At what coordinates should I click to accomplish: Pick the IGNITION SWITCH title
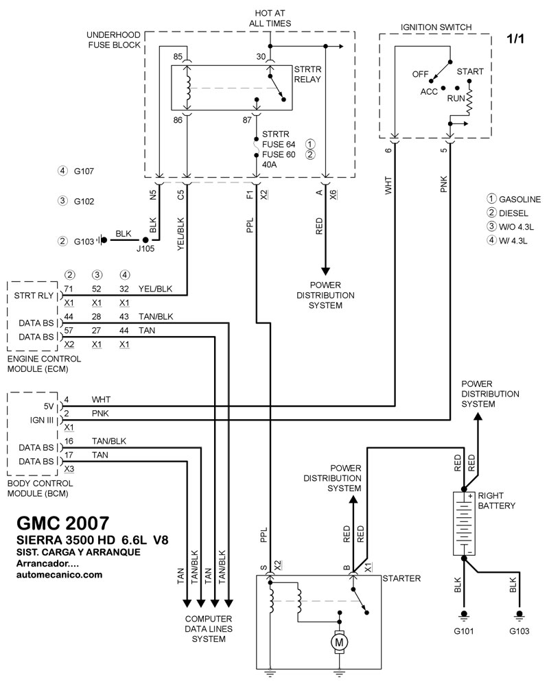pyautogui.click(x=435, y=27)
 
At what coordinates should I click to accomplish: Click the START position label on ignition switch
pyautogui.click(x=469, y=71)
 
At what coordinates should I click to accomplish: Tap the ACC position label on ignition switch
pyautogui.click(x=430, y=90)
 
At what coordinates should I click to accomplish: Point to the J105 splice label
pyautogui.click(x=145, y=250)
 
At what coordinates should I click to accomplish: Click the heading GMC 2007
pyautogui.click(x=60, y=521)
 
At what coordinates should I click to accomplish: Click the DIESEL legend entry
pyautogui.click(x=513, y=213)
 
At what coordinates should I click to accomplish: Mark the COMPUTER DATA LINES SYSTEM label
pyautogui.click(x=209, y=628)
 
